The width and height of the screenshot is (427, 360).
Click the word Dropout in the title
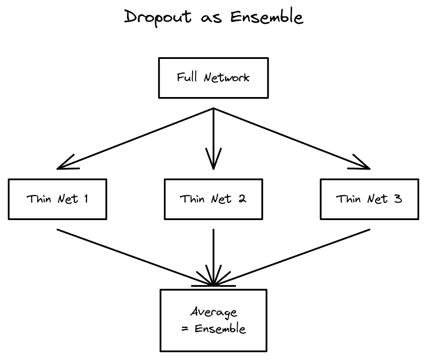point(158,17)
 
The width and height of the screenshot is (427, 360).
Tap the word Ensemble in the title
point(267,17)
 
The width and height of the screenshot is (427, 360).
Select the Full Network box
point(213,78)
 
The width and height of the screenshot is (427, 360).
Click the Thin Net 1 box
point(57,199)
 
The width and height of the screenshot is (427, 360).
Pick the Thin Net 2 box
point(213,199)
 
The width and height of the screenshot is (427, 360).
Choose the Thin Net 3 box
point(369,199)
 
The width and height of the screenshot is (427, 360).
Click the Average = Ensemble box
point(213,320)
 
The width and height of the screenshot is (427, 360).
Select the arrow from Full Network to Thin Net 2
point(213,138)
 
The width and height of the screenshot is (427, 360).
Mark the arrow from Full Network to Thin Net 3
point(291,138)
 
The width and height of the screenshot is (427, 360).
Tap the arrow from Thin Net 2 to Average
point(213,257)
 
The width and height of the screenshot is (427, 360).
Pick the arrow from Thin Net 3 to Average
point(291,257)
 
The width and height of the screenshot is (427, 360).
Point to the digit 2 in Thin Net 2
point(242,199)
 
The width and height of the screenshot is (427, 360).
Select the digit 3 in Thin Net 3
point(398,199)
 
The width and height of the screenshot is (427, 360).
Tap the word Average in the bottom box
point(214,312)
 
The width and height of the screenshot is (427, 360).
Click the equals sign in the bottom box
point(185,329)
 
